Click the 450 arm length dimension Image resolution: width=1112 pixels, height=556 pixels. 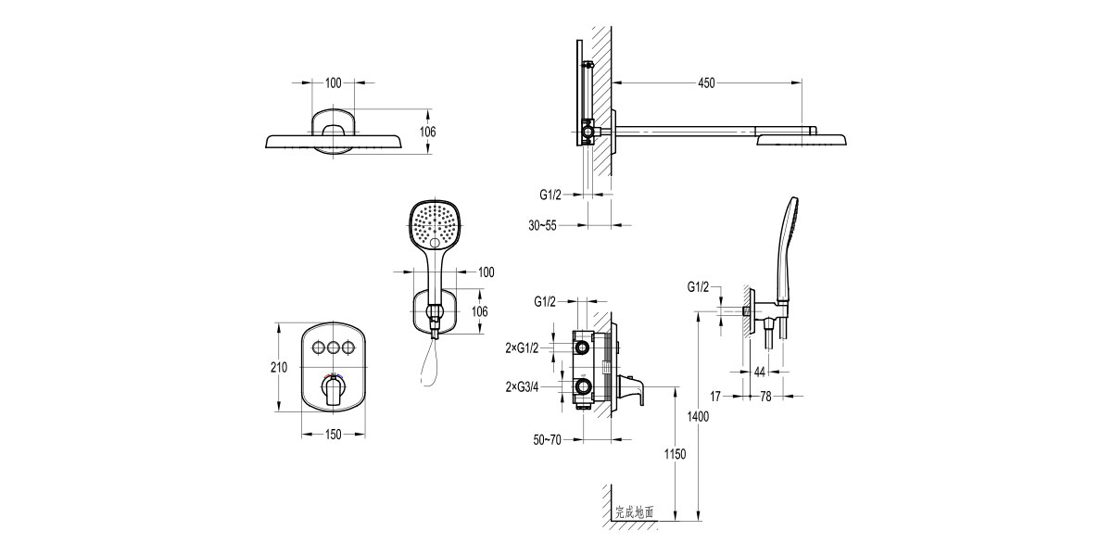coord(706,83)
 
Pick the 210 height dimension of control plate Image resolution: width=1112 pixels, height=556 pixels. coord(278,368)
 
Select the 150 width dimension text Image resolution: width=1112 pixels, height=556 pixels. coord(333,434)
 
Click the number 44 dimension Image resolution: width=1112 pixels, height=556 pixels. coord(759,372)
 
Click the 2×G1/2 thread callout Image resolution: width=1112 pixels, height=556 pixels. coord(522,347)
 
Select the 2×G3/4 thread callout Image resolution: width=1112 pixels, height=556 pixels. coord(522,386)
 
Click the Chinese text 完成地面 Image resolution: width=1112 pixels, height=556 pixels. coord(635,512)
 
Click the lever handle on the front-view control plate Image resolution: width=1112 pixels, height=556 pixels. coord(333,392)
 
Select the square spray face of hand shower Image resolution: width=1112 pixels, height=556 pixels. coord(434,225)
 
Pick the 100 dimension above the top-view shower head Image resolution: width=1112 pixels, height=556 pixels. coord(334,83)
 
